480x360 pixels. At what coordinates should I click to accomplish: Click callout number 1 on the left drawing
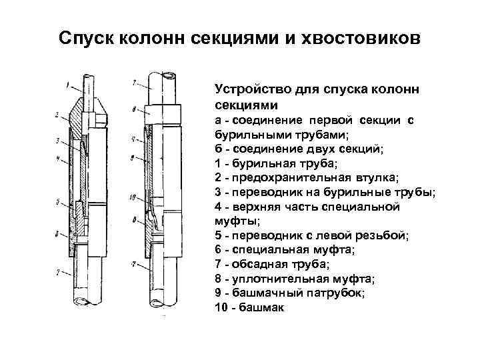point(68,84)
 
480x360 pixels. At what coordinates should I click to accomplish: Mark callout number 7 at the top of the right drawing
point(133,83)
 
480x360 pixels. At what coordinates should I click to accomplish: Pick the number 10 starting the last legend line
point(221,307)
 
